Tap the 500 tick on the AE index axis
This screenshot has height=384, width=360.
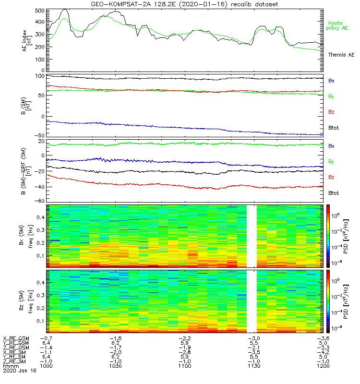tap(39, 11)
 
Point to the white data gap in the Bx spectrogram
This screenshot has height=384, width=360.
tap(252, 235)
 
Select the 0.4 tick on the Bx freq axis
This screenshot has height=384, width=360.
tap(39, 217)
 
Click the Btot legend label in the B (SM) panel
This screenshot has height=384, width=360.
tap(334, 128)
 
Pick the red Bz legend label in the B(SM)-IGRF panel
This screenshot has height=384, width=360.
tap(331, 177)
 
